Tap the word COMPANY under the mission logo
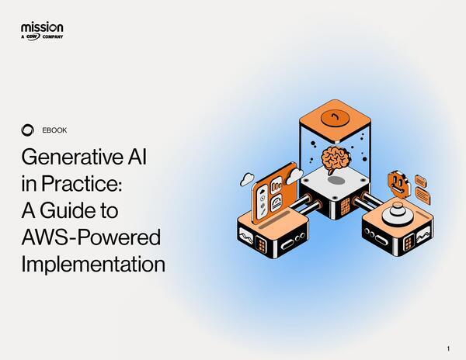point(53,36)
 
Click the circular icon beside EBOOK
point(29,130)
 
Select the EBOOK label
point(54,130)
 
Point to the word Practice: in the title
point(82,185)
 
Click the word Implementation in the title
point(93,264)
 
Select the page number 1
point(449,347)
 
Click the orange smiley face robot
point(398,182)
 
